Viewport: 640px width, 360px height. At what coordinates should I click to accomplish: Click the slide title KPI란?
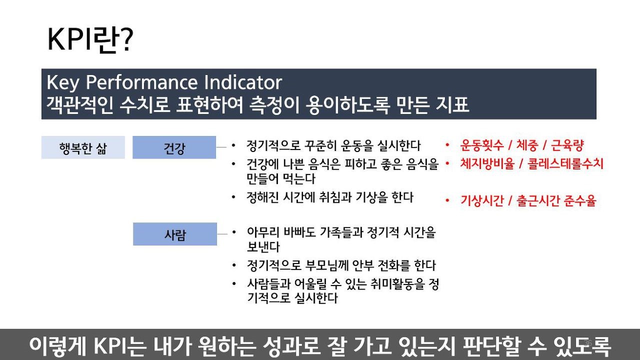point(90,40)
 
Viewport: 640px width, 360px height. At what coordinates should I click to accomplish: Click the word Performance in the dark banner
point(141,82)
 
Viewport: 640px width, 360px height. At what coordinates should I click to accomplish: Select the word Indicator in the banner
point(243,82)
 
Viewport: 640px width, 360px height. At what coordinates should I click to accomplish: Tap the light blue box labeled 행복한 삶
point(83,147)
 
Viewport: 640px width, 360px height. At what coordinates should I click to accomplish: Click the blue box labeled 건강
point(174,147)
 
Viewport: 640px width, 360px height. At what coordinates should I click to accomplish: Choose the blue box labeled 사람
point(175,234)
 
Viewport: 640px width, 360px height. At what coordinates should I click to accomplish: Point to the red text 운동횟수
point(481,145)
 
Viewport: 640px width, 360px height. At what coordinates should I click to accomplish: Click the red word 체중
point(527,145)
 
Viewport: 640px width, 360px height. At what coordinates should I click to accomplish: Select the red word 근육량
point(567,145)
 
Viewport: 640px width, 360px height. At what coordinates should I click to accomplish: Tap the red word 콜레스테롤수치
point(565,163)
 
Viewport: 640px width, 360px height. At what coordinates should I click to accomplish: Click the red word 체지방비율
point(487,163)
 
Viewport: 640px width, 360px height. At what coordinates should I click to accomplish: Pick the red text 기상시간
point(481,200)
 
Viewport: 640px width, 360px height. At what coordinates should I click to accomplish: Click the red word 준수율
point(579,200)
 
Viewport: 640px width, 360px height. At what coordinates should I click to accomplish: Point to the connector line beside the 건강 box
point(221,147)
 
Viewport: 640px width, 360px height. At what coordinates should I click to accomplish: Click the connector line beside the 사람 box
point(222,234)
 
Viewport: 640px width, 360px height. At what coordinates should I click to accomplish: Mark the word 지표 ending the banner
point(452,104)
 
